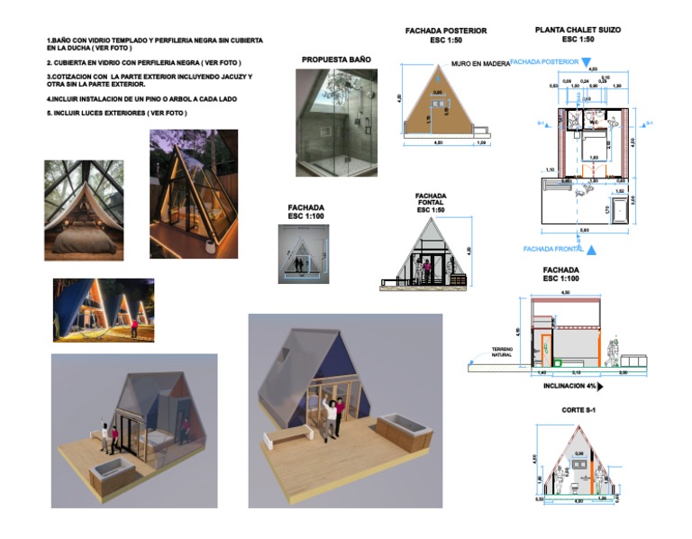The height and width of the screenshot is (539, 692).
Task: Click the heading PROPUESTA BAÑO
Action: (335, 59)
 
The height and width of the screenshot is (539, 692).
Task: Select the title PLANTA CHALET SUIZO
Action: (578, 30)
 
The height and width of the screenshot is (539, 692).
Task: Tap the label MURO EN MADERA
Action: (480, 64)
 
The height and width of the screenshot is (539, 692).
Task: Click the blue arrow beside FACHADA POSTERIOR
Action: (586, 62)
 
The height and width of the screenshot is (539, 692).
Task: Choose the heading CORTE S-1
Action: (577, 412)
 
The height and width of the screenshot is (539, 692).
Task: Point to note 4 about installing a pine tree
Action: (141, 98)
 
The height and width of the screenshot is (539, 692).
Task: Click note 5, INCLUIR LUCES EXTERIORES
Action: (116, 113)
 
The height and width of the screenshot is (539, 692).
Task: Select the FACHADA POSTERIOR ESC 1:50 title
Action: (446, 34)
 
